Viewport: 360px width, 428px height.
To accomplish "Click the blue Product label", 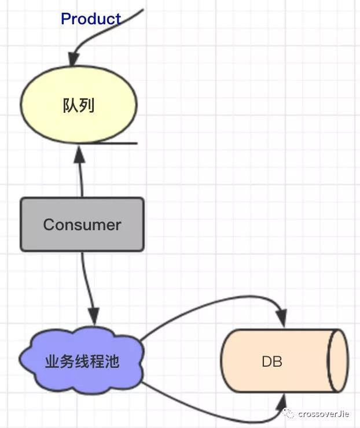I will click(91, 19).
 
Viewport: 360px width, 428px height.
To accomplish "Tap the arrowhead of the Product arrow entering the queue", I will click(73, 60).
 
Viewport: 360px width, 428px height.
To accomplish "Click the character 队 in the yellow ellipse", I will click(71, 106).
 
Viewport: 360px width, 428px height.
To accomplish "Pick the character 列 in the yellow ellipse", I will click(87, 106).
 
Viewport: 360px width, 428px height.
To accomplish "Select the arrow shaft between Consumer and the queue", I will click(81, 179).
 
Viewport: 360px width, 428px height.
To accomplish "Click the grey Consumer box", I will click(82, 224).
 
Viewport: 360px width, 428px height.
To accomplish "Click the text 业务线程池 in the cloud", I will click(82, 361).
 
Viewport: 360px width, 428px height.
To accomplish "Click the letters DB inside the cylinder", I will click(271, 361).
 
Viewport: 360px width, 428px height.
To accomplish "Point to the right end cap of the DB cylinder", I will click(337, 360).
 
